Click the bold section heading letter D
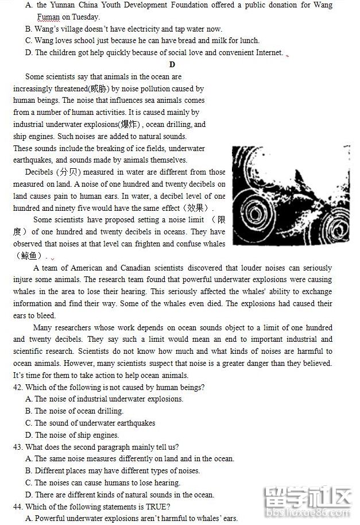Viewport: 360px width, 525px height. (172, 64)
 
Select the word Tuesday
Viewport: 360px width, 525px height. (86, 17)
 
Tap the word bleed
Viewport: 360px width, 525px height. (47, 316)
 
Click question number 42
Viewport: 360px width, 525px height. (18, 387)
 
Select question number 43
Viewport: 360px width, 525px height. (18, 447)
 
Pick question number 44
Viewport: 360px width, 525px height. (18, 507)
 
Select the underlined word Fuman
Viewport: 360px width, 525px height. (49, 17)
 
